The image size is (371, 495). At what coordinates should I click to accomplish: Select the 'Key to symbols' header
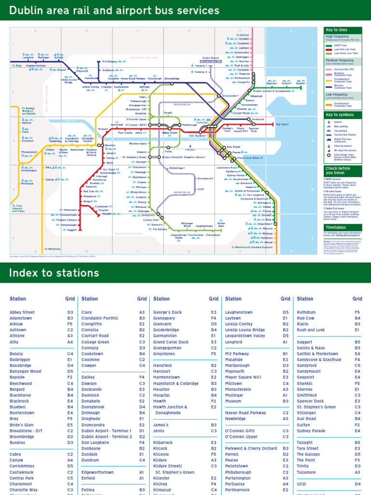point(340,115)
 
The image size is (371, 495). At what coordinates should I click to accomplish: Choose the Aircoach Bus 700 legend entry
point(343,69)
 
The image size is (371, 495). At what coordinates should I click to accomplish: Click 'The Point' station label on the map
point(282,124)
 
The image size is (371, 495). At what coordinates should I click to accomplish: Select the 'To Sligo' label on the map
point(16,65)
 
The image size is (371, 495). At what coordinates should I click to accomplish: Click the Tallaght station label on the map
point(105,214)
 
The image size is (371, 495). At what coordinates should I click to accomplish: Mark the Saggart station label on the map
point(72,230)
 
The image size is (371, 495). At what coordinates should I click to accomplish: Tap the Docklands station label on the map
point(258,119)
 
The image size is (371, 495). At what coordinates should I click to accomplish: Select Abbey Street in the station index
point(22,313)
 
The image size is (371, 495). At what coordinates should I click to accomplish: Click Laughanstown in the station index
point(239,313)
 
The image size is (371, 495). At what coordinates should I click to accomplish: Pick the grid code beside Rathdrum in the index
point(357,313)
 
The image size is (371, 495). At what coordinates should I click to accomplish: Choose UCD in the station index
point(301,484)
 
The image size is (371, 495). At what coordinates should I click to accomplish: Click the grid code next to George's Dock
point(214,313)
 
